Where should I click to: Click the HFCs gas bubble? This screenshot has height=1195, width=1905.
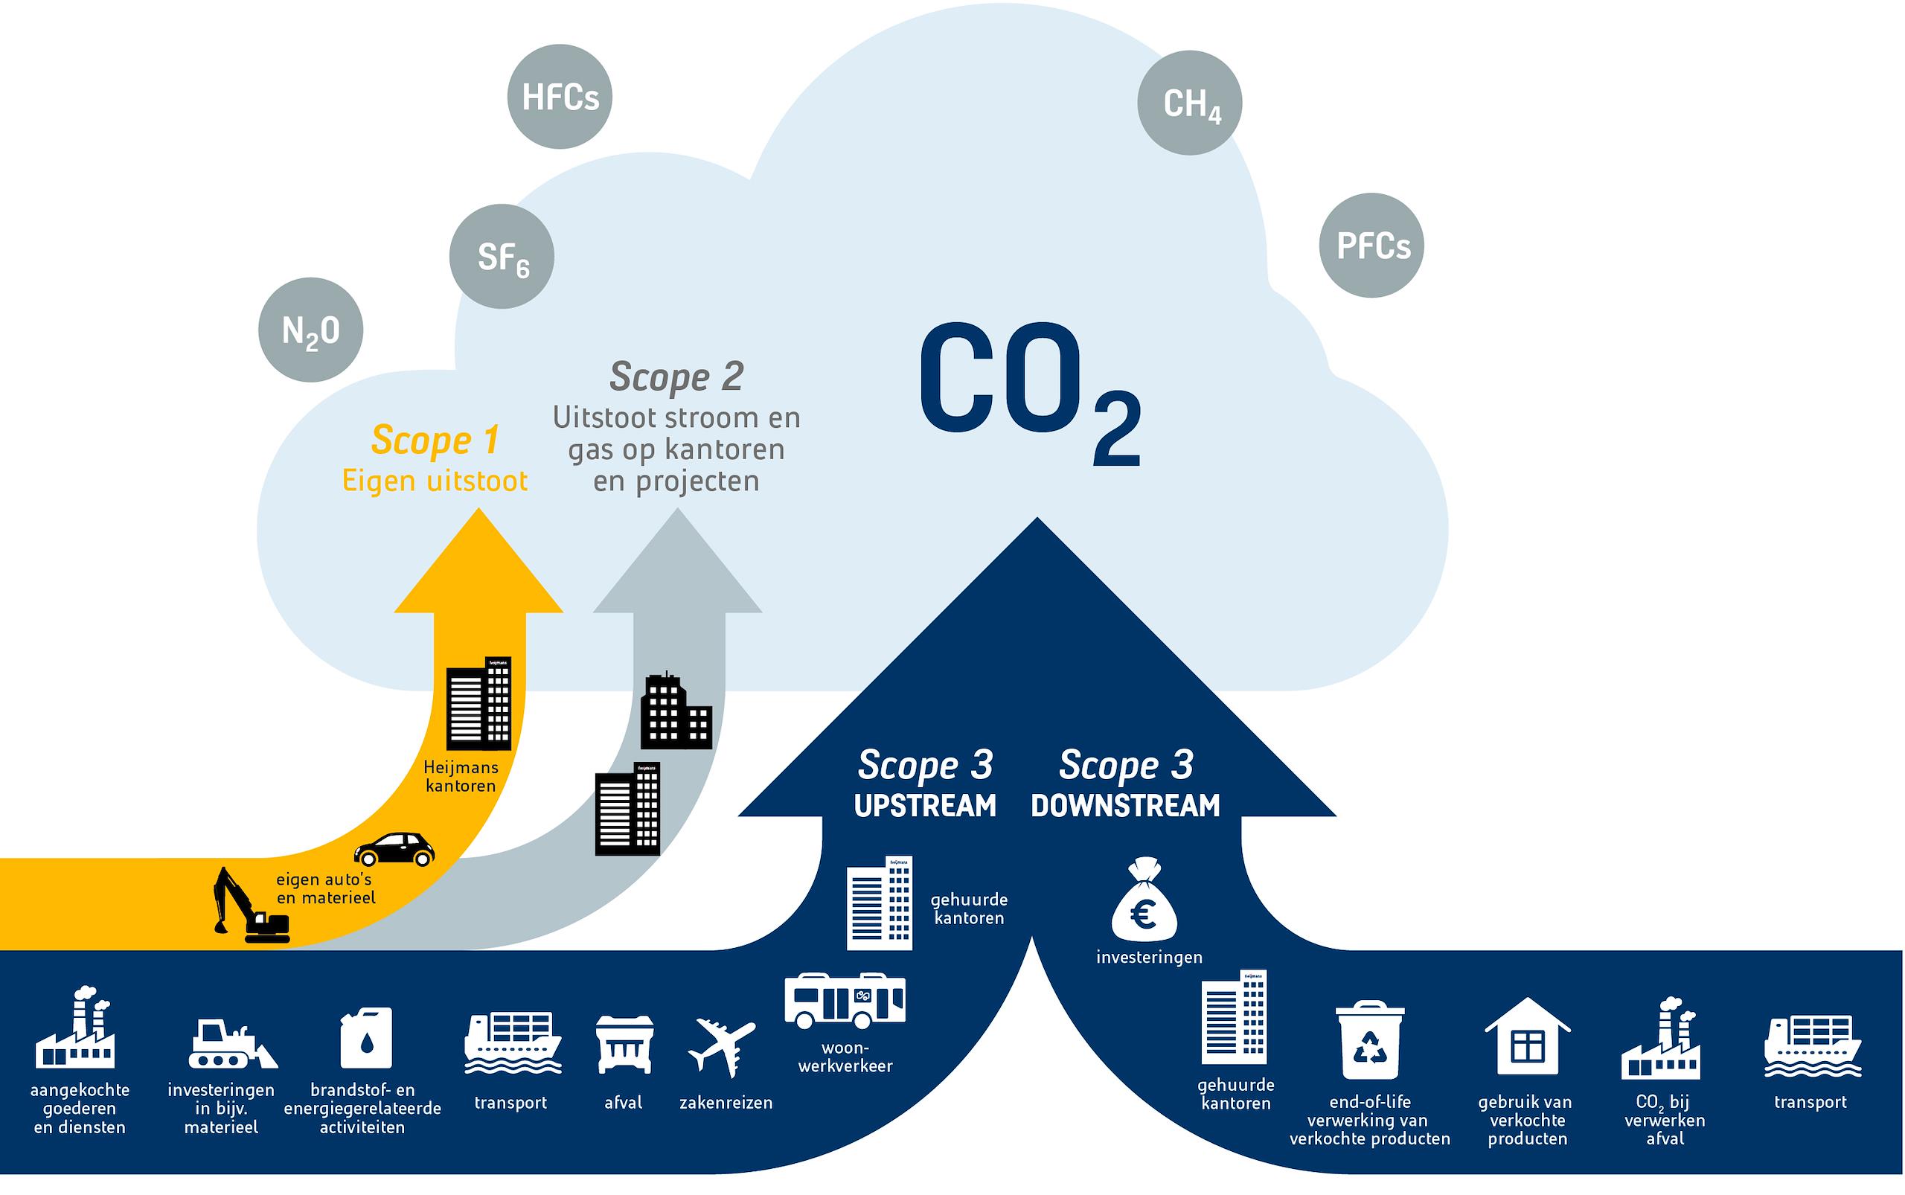pyautogui.click(x=560, y=97)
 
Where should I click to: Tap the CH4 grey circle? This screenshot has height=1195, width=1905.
pyautogui.click(x=1190, y=103)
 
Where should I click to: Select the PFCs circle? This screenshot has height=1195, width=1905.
pyautogui.click(x=1371, y=246)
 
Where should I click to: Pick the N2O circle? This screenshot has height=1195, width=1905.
pyautogui.click(x=310, y=330)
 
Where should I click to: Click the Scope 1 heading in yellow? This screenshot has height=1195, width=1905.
pyautogui.click(x=435, y=440)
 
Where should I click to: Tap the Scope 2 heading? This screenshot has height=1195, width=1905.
pyautogui.click(x=676, y=377)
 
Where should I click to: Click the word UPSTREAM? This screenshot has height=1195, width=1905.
pyautogui.click(x=925, y=806)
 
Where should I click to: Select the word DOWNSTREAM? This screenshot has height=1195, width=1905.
pyautogui.click(x=1126, y=806)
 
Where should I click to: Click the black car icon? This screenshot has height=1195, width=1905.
pyautogui.click(x=394, y=850)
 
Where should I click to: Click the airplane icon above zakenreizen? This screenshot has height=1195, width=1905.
pyautogui.click(x=721, y=1046)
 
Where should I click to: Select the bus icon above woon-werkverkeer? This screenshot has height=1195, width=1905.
pyautogui.click(x=844, y=1000)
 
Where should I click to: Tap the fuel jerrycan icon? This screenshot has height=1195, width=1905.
pyautogui.click(x=366, y=1037)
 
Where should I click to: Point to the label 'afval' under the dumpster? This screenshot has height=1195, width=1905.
pyautogui.click(x=623, y=1102)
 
